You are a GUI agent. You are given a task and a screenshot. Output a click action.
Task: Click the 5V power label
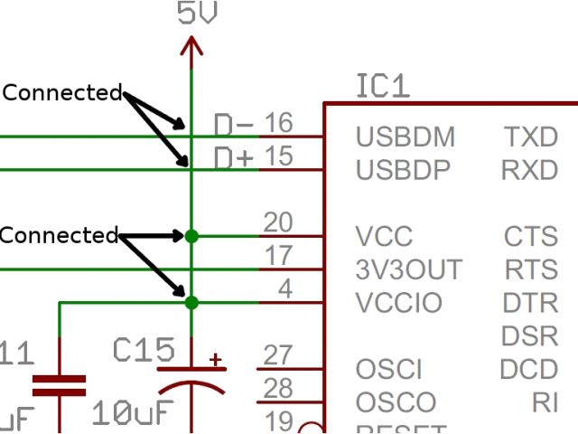[x=198, y=14]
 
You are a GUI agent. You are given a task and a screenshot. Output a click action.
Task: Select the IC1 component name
[x=383, y=87]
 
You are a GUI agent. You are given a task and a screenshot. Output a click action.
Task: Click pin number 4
[x=284, y=289]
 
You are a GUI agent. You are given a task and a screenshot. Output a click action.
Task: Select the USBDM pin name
[x=405, y=137]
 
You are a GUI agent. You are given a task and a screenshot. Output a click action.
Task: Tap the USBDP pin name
[x=403, y=170]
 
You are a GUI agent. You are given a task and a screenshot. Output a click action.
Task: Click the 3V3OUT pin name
[x=409, y=269]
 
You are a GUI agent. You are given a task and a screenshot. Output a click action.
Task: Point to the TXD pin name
[x=531, y=137]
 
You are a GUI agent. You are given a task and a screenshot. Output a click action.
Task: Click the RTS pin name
[x=531, y=269]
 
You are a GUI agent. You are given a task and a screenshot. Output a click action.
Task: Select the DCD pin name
[x=529, y=369]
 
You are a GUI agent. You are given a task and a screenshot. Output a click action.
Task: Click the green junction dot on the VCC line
[x=191, y=236]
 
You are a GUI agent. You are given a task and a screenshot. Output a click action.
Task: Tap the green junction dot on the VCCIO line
[x=191, y=303]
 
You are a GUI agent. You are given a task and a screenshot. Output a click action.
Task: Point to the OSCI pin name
[x=389, y=369]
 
